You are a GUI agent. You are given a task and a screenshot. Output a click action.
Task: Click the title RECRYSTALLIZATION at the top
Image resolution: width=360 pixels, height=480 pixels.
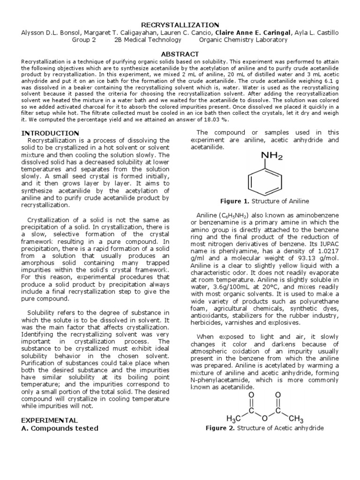click(180, 24)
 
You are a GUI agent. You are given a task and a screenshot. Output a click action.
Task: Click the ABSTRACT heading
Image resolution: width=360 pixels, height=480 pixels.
click(180, 54)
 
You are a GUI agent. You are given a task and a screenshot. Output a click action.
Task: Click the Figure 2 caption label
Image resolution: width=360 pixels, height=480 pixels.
click(222, 428)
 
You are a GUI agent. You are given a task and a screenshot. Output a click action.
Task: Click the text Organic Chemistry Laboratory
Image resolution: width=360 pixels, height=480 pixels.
click(243, 40)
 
